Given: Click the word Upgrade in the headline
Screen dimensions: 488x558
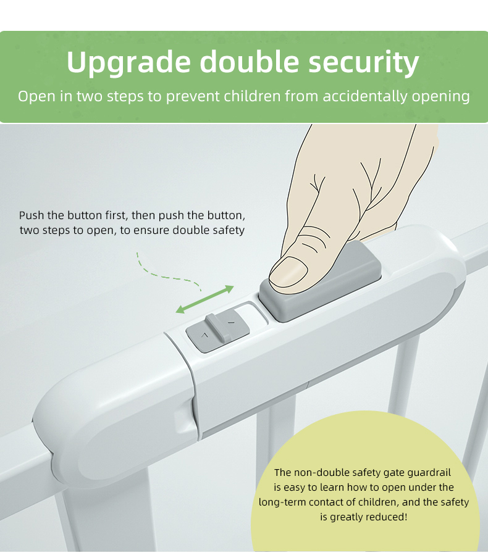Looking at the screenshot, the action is [x=128, y=62].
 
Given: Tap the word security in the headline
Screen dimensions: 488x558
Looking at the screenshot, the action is [x=363, y=62].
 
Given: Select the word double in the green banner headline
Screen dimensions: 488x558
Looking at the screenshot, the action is [x=249, y=61].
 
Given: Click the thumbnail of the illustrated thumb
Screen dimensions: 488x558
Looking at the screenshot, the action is [x=288, y=272].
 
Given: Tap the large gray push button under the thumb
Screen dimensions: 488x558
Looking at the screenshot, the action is [x=321, y=281].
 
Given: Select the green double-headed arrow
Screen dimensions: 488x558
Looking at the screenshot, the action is [x=205, y=299].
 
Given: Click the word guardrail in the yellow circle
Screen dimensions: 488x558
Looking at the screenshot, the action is [x=429, y=473].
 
